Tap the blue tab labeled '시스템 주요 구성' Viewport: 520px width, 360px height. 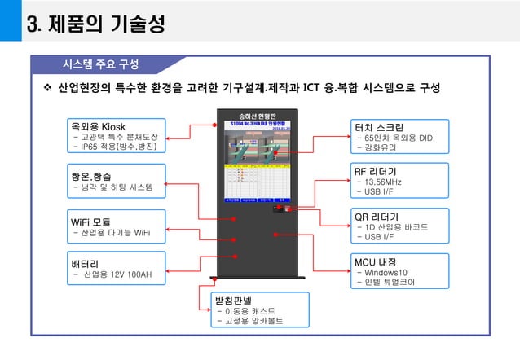tap(101, 64)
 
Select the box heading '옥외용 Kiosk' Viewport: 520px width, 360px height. tap(98, 126)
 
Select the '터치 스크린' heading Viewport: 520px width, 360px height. tap(379, 127)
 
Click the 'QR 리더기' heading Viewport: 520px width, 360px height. tap(376, 217)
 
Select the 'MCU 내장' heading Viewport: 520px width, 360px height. tap(375, 261)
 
